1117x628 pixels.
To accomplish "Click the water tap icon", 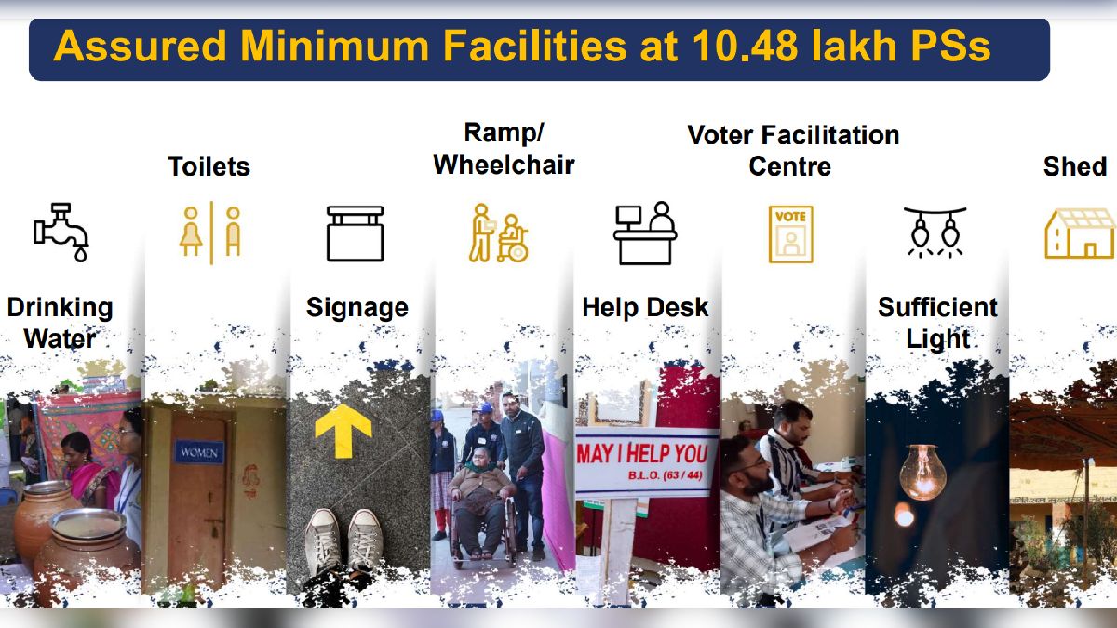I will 61,231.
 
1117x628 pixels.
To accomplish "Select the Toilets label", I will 209,167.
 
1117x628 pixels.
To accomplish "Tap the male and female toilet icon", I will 211,232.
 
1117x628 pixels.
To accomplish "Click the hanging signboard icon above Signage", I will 355,233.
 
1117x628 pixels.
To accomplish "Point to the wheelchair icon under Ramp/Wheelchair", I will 498,233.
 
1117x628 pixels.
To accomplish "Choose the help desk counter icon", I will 645,233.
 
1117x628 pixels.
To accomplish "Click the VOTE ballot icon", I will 790,234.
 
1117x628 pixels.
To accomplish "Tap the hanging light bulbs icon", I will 935,232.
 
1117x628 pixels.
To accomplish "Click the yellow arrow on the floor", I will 343,430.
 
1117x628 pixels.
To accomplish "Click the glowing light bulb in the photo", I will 921,471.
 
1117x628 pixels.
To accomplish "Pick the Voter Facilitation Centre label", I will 792,151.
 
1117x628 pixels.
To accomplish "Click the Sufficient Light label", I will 937,323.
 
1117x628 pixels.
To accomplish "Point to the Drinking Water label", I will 60,323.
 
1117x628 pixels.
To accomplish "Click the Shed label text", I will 1074,167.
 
